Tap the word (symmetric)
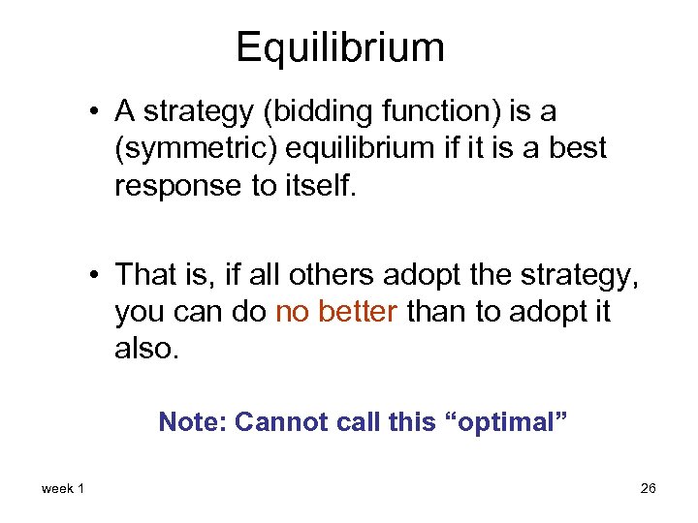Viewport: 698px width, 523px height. (185, 149)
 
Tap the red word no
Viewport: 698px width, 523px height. (293, 312)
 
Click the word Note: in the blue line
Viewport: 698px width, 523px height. (192, 422)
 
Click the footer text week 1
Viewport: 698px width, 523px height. (63, 488)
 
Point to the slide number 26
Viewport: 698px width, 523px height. (648, 488)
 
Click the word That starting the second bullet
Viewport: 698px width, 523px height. (143, 275)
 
